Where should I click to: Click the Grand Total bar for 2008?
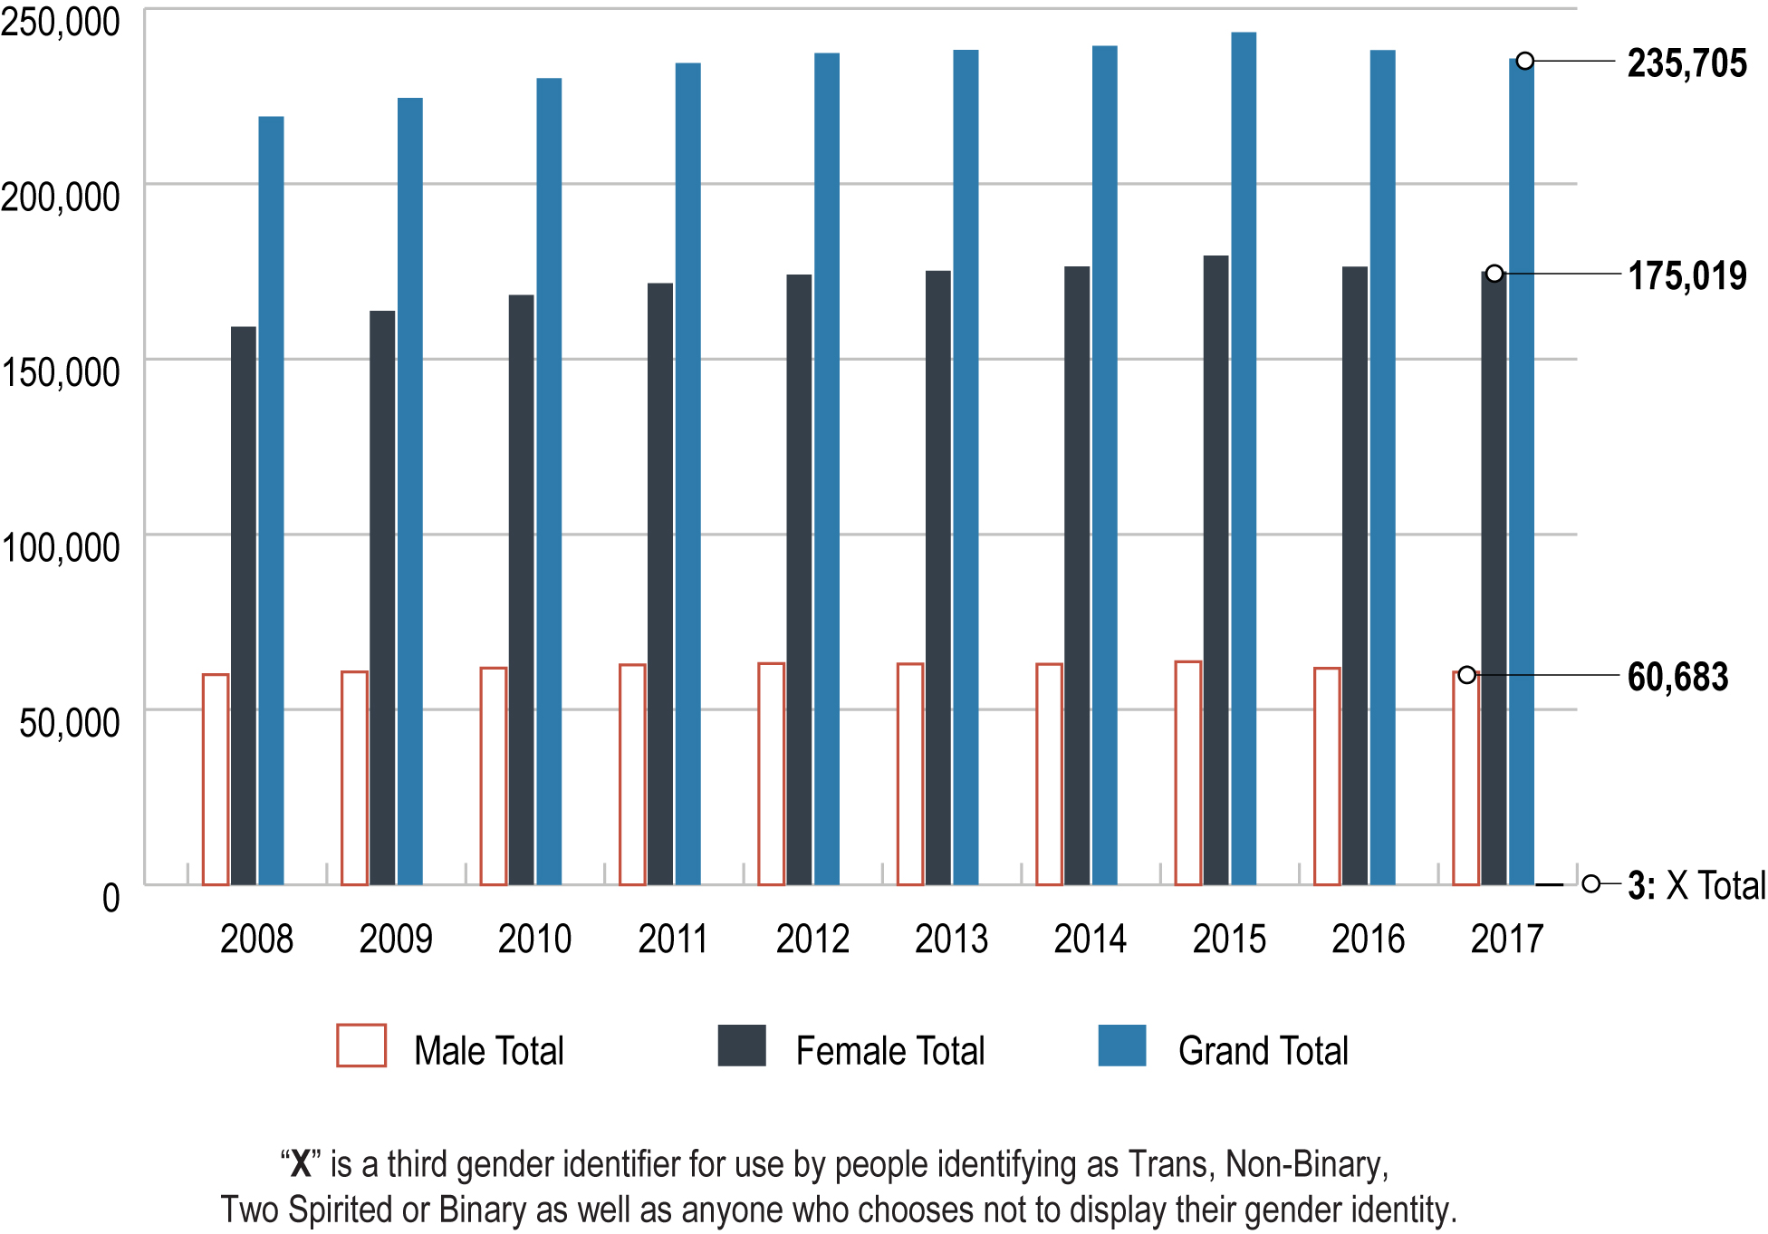[x=271, y=500]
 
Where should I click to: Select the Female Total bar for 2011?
[x=660, y=583]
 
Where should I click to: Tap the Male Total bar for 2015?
[x=1187, y=773]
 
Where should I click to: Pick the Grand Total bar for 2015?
[x=1244, y=458]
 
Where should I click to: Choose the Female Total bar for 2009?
[x=382, y=597]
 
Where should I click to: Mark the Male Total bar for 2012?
[x=771, y=774]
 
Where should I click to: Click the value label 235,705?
[x=1686, y=63]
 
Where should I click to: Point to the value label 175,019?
[x=1686, y=276]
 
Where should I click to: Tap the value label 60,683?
[x=1677, y=677]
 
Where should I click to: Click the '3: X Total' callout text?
[x=1696, y=885]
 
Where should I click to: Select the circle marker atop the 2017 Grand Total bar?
[x=1525, y=61]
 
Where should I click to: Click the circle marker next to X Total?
[x=1590, y=883]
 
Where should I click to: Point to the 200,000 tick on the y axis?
[x=60, y=197]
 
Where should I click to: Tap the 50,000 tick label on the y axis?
[x=69, y=723]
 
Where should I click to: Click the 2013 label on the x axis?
[x=951, y=939]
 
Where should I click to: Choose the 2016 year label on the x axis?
[x=1368, y=939]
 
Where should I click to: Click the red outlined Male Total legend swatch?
[x=361, y=1046]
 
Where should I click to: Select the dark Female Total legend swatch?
[x=742, y=1046]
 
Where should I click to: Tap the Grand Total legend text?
[x=1263, y=1051]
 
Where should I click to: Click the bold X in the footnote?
[x=301, y=1164]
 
